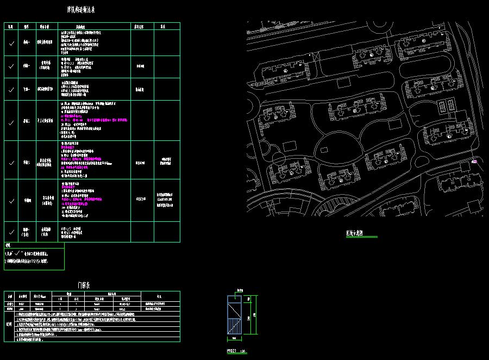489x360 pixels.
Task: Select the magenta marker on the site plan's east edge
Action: click(x=474, y=160)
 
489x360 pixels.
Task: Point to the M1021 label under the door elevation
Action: click(x=232, y=351)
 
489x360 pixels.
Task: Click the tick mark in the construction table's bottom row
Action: click(x=11, y=232)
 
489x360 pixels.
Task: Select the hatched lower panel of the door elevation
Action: click(x=235, y=326)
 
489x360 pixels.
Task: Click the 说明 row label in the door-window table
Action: click(x=8, y=325)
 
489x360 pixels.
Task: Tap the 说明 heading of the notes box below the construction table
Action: click(x=7, y=246)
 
